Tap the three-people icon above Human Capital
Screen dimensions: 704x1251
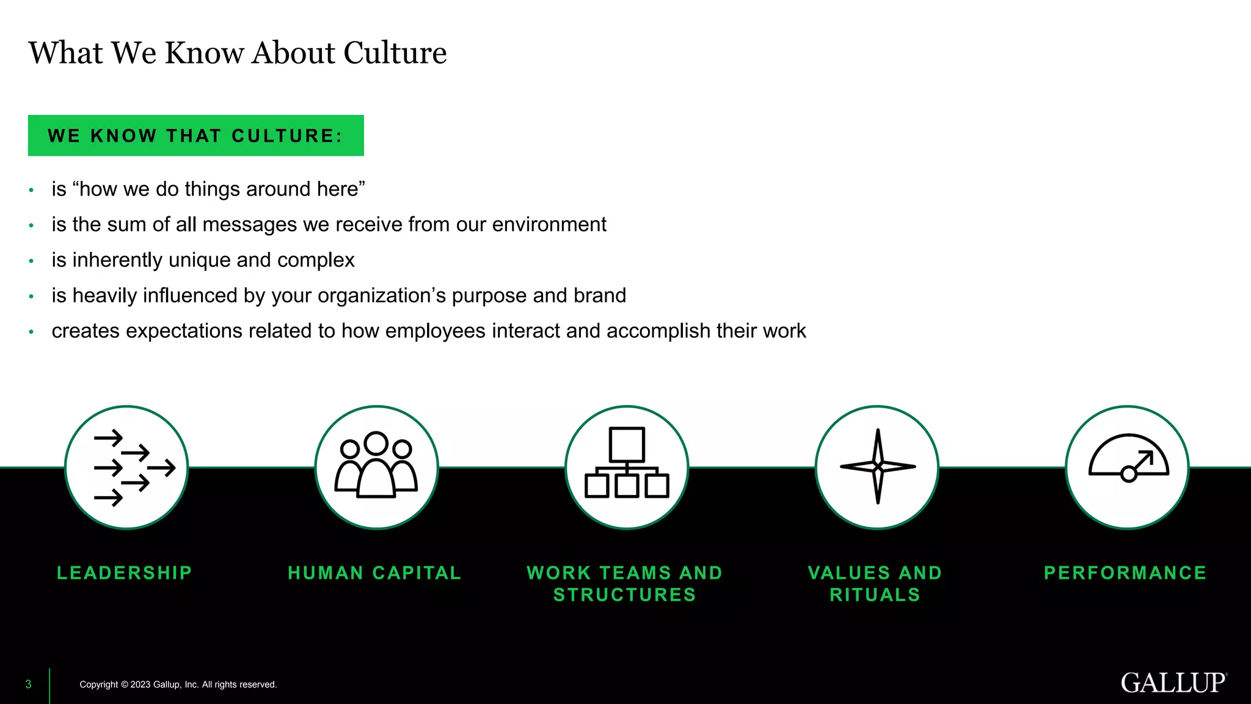[x=376, y=466]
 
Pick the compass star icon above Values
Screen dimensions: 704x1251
[x=877, y=467]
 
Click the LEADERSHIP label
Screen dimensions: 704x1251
[x=125, y=573]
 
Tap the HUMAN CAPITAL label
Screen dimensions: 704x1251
[x=374, y=573]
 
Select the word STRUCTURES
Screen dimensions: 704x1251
[x=625, y=595]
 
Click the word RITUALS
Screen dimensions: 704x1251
[x=875, y=595]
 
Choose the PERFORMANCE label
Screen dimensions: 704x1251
[x=1125, y=573]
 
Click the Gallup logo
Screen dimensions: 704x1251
[x=1173, y=683]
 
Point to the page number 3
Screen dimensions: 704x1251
[x=28, y=684]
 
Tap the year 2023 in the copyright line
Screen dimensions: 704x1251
[x=140, y=684]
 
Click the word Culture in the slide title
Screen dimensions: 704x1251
[x=395, y=53]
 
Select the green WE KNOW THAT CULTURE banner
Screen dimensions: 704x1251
[x=195, y=135]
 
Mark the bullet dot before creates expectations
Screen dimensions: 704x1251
[x=31, y=332]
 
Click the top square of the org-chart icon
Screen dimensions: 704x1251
[x=627, y=444]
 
